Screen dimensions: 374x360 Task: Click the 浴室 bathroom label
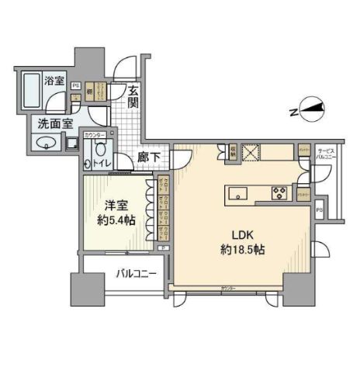point(54,81)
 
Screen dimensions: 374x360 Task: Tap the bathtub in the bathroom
point(32,92)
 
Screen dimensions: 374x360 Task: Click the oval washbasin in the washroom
point(43,144)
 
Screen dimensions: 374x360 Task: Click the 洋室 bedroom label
point(113,207)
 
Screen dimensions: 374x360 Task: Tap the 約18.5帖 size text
point(239,251)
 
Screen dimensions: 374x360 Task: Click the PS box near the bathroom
point(75,85)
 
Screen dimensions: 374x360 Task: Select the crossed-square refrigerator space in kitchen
point(251,151)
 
